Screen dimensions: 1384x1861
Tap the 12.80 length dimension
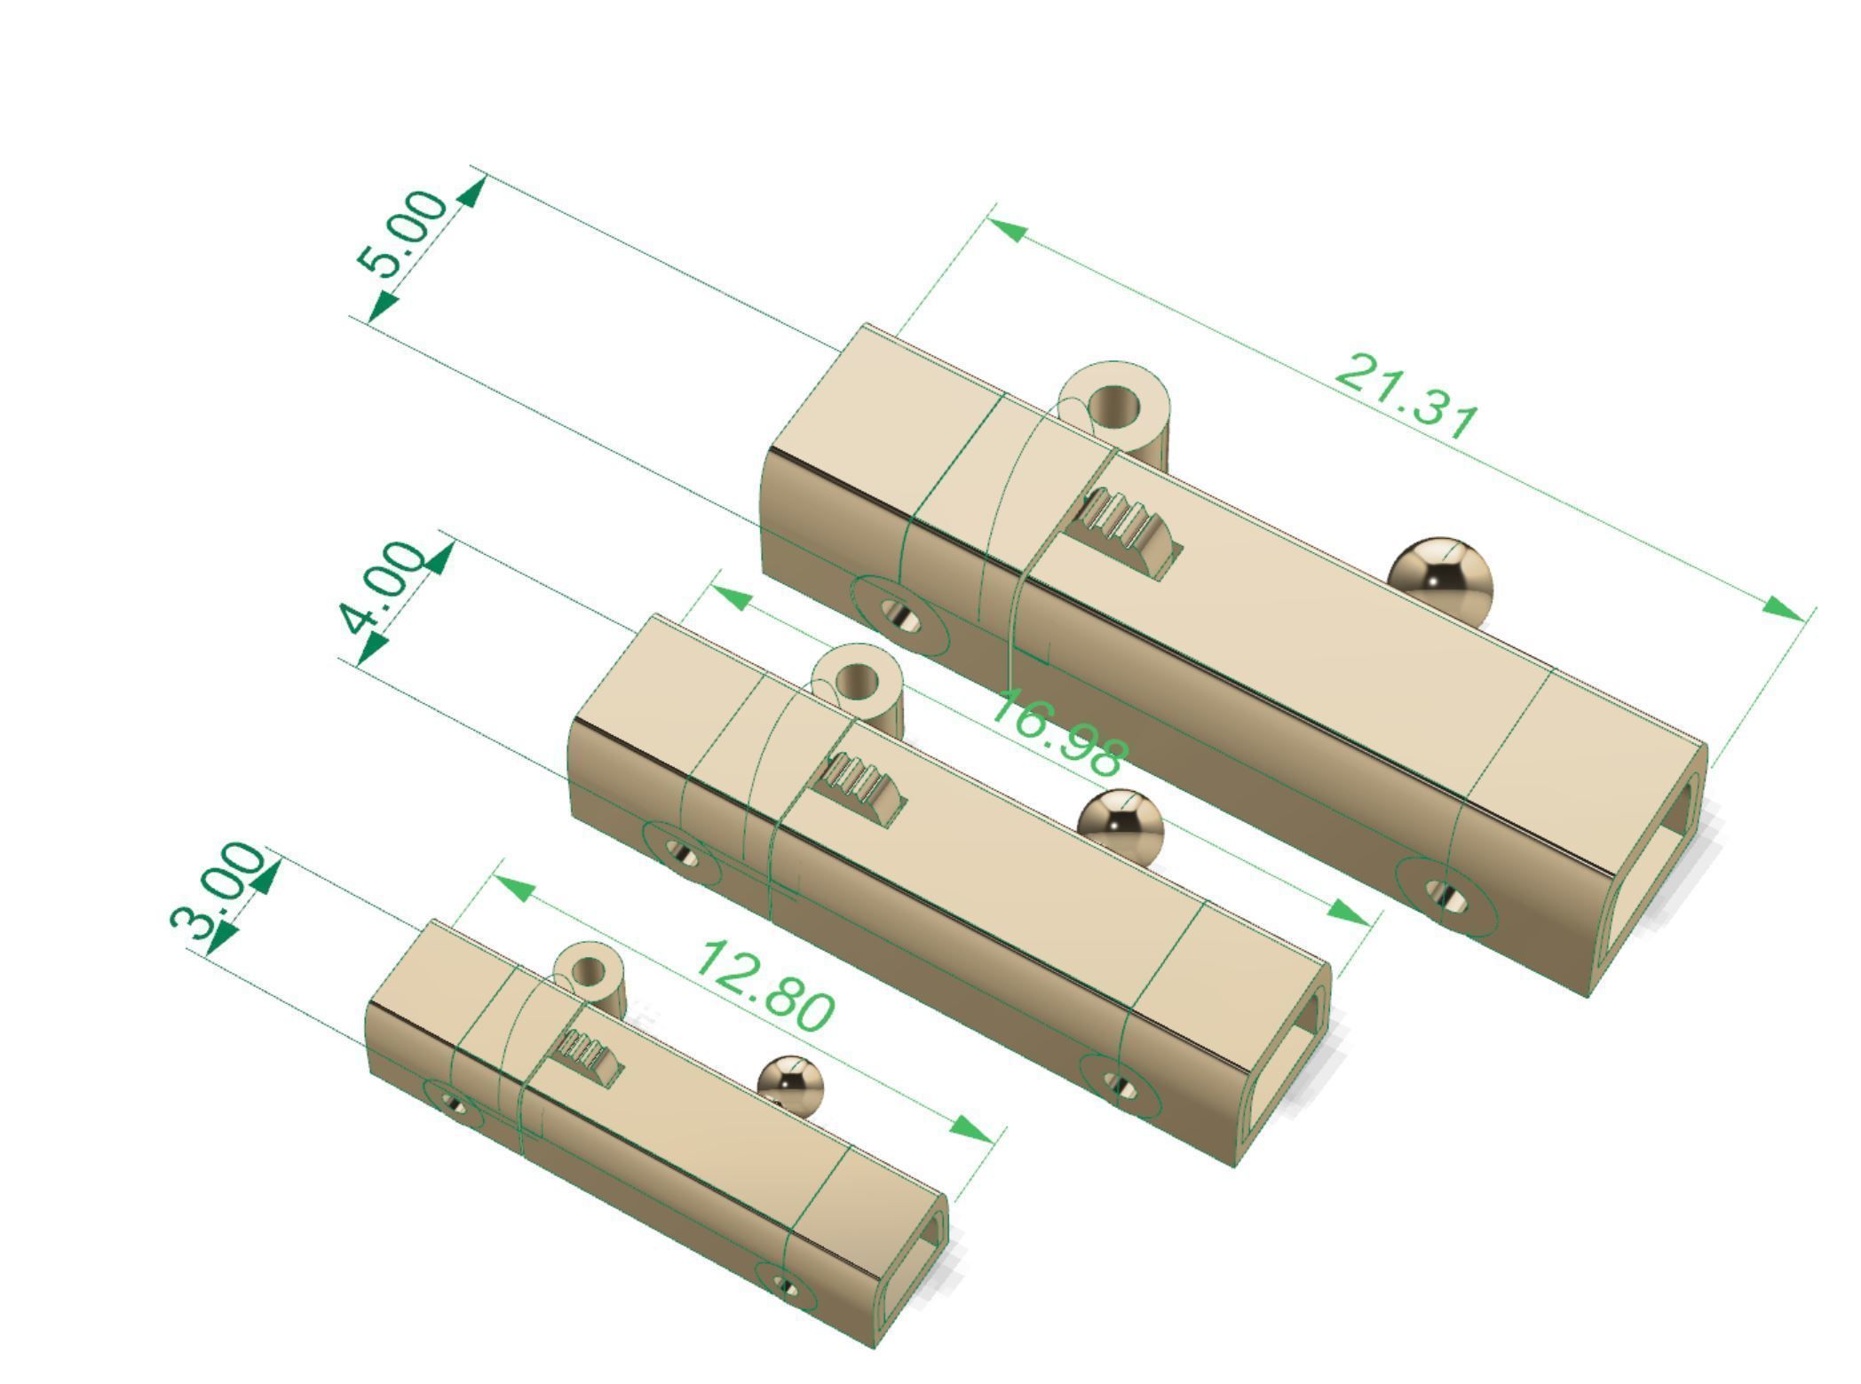point(765,986)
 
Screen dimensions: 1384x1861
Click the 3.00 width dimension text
point(218,890)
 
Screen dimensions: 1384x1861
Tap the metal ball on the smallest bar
point(789,1086)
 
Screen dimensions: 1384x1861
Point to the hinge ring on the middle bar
point(858,682)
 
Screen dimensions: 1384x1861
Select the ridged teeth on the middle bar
point(861,783)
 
